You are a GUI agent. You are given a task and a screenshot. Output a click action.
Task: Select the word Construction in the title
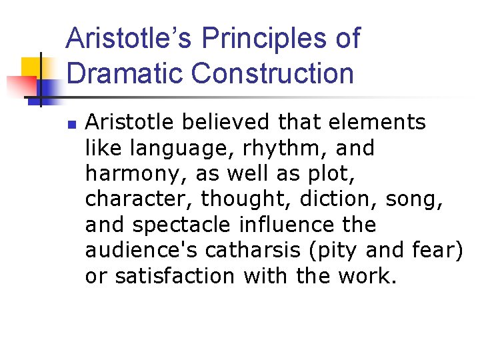coord(273,72)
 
